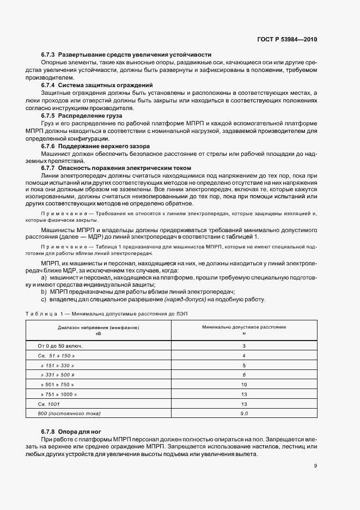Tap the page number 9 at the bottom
click(x=315, y=465)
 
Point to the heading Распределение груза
click(x=90, y=116)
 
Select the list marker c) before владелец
click(x=44, y=299)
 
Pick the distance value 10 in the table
click(x=244, y=384)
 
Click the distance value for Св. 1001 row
click(x=244, y=404)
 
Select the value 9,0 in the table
click(x=244, y=414)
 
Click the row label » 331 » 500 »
click(x=57, y=375)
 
